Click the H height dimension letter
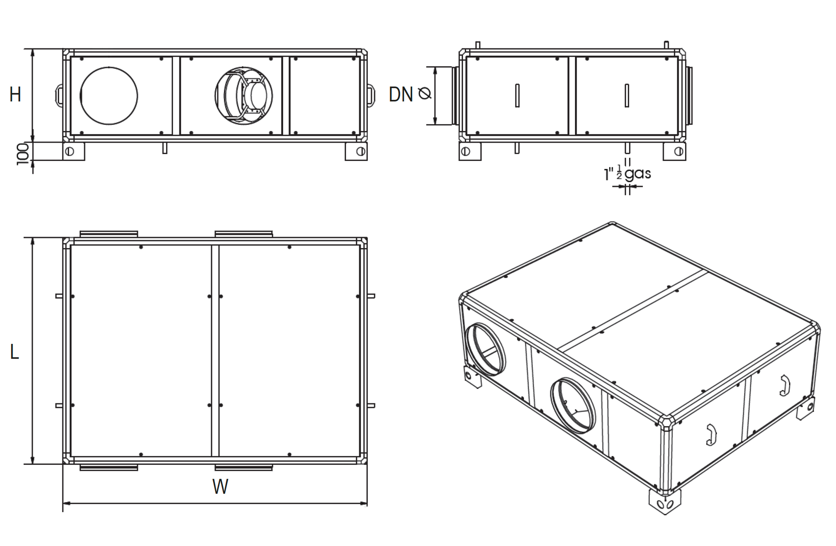15,94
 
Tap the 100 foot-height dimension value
23,154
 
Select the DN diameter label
401,94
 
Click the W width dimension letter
220,486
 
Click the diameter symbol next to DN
425,94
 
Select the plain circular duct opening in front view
109,95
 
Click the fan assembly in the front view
244,95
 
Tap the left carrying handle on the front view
59,94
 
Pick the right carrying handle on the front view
371,95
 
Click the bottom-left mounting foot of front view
74,151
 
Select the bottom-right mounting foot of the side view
674,151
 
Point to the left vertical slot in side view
517,95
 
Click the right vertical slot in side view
627,95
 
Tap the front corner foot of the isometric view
665,502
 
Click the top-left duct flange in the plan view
109,234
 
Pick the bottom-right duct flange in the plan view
244,468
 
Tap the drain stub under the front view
165,148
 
